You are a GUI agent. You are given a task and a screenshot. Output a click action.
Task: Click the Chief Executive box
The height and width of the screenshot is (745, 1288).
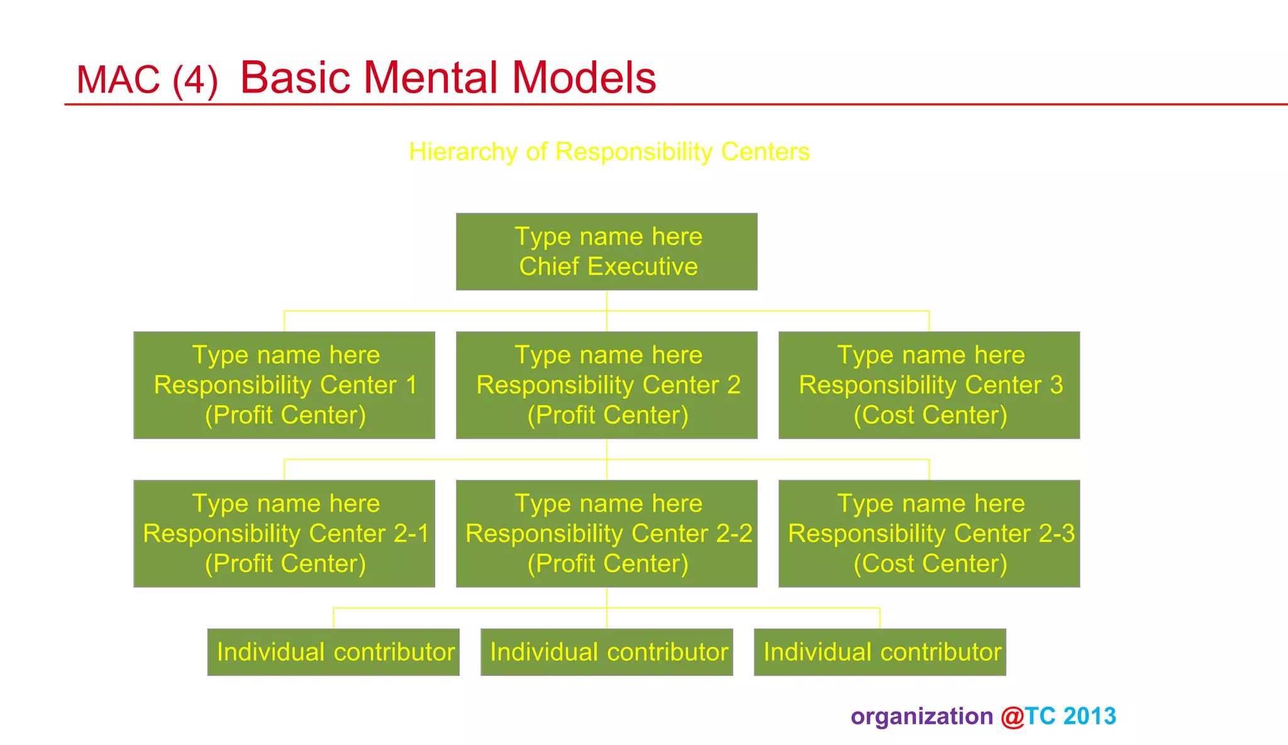pyautogui.click(x=606, y=252)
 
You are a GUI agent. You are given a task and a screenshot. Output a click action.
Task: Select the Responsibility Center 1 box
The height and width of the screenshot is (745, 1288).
pyautogui.click(x=284, y=385)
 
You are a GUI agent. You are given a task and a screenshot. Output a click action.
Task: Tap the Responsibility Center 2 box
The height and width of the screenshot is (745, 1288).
pyautogui.click(x=606, y=385)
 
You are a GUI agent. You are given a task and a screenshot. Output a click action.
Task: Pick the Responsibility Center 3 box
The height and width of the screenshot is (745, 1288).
pyautogui.click(x=929, y=385)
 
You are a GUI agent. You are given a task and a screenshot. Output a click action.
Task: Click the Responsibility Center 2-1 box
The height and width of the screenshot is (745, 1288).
pyautogui.click(x=284, y=534)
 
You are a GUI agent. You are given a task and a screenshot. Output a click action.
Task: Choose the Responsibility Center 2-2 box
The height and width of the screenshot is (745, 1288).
pyautogui.click(x=606, y=534)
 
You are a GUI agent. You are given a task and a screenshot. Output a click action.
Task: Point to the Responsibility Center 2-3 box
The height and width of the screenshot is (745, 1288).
pyautogui.click(x=929, y=534)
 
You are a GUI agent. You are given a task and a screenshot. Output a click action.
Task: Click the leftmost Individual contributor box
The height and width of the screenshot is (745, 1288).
pyautogui.click(x=333, y=652)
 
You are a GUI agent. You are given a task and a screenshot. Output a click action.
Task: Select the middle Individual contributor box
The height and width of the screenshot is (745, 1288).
pyautogui.click(x=606, y=652)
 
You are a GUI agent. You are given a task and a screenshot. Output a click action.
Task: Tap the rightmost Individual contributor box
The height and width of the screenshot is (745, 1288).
pyautogui.click(x=880, y=652)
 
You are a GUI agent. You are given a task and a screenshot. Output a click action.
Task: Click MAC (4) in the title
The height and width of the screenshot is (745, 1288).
pyautogui.click(x=147, y=80)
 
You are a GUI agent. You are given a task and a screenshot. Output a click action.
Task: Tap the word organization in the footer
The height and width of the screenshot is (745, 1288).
pyautogui.click(x=921, y=717)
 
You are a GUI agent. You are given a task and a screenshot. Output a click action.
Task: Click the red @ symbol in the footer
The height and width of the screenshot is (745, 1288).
pyautogui.click(x=1012, y=717)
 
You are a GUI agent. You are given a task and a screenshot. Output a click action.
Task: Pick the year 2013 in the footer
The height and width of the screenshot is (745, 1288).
pyautogui.click(x=1089, y=716)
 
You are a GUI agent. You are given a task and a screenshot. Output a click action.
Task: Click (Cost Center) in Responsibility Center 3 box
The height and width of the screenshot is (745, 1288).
pyautogui.click(x=930, y=415)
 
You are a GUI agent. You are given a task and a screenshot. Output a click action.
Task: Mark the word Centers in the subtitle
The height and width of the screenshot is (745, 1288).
pyautogui.click(x=765, y=152)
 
